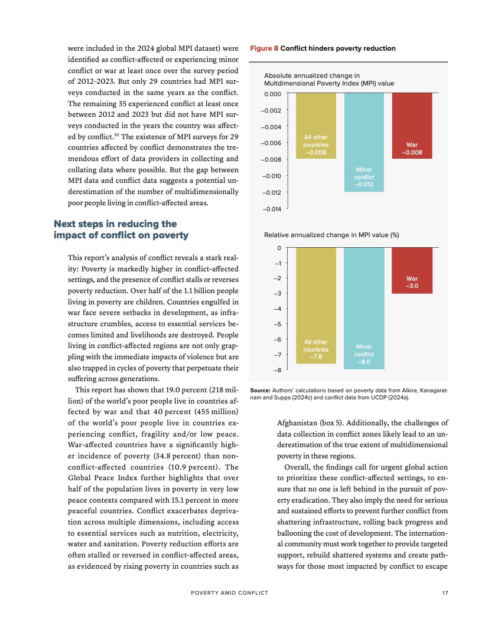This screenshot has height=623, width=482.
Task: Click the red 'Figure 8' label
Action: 263,48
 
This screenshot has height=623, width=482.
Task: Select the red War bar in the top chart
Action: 412,126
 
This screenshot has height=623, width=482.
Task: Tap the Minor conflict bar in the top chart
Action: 364,142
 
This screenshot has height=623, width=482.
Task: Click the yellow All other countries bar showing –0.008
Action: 316,126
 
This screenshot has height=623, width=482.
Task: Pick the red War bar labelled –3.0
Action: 412,271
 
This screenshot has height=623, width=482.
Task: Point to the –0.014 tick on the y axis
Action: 272,209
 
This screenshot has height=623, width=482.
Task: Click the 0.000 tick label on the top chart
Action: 273,94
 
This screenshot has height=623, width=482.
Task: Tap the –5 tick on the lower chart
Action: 278,324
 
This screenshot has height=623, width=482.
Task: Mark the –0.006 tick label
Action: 272,143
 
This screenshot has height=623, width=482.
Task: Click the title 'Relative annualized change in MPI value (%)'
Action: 331,235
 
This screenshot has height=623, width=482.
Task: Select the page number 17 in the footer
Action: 445,593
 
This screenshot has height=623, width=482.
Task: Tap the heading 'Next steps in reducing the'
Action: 115,224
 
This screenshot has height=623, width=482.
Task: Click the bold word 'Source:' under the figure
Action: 260,391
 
